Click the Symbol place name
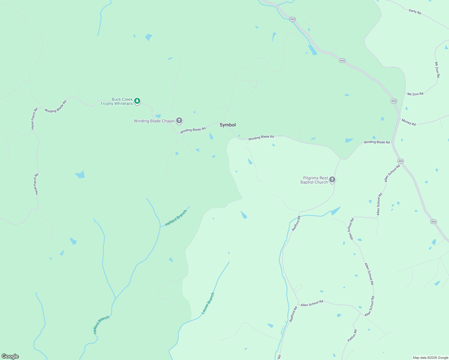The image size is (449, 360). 228,125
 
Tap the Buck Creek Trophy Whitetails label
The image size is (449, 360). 117,101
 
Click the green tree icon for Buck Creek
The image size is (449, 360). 137,101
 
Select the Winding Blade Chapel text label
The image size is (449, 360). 154,121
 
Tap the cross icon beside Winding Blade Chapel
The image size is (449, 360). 179,121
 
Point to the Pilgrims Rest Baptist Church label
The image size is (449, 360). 314,180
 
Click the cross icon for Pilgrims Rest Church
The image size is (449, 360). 332,180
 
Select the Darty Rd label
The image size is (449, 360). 415,12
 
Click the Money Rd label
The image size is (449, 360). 408,122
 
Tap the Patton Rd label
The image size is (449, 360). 352,336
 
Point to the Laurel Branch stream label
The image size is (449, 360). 208,303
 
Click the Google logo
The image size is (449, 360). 10,356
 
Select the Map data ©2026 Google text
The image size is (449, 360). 430,358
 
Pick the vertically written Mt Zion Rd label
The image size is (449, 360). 437,70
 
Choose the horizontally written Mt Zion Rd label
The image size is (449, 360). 415,94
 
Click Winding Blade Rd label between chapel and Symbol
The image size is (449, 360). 193,130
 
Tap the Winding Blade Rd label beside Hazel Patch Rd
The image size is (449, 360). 56,106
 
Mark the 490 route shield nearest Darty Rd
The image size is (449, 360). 292,19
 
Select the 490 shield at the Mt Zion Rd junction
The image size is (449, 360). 394,101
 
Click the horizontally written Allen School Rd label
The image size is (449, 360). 312,303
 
